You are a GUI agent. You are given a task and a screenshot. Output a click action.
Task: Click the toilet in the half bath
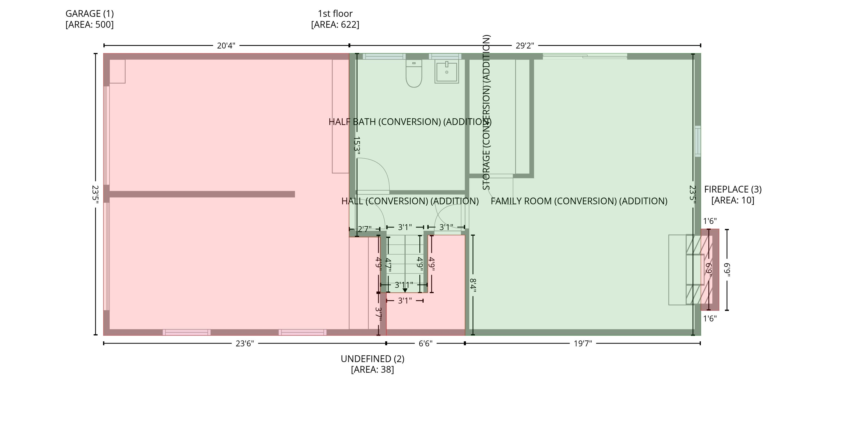(414, 73)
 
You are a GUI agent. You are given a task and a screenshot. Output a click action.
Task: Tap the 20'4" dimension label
(226, 46)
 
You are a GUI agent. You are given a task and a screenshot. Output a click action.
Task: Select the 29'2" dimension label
(525, 46)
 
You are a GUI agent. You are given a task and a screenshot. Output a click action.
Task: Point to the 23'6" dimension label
(244, 344)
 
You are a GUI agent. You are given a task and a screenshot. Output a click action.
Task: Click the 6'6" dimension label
(425, 344)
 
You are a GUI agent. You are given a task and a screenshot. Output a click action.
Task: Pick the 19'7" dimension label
(583, 344)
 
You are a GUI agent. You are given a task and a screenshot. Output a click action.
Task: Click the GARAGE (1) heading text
(89, 14)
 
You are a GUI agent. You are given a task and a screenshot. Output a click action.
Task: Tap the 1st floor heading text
(335, 14)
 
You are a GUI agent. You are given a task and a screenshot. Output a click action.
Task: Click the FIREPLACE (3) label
(733, 189)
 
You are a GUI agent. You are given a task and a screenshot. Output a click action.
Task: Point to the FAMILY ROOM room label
(579, 201)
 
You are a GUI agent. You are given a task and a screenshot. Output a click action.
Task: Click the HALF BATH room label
(410, 122)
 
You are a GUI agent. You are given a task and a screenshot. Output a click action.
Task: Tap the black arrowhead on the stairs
(405, 290)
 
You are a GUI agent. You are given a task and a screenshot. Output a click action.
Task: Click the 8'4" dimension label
(473, 285)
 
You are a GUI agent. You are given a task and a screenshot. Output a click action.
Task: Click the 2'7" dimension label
(364, 229)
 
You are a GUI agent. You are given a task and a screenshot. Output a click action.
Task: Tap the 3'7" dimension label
(379, 314)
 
